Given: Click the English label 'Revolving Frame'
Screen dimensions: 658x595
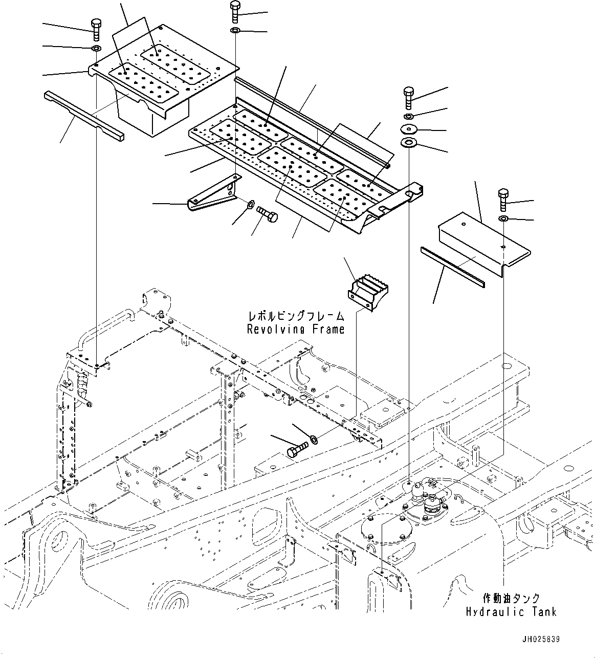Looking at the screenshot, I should (296, 329).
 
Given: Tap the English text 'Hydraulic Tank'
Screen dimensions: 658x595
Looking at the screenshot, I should (511, 611).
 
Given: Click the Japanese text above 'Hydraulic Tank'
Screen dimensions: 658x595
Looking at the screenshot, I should (511, 598).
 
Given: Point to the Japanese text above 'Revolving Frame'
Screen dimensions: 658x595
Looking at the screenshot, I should (296, 317).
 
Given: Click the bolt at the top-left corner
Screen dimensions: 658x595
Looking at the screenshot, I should (96, 29).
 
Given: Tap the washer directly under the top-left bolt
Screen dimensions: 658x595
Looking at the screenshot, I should (96, 49).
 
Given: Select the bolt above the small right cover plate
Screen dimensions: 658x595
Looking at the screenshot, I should (503, 200).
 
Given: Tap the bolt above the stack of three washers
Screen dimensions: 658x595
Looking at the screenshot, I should (410, 97).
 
